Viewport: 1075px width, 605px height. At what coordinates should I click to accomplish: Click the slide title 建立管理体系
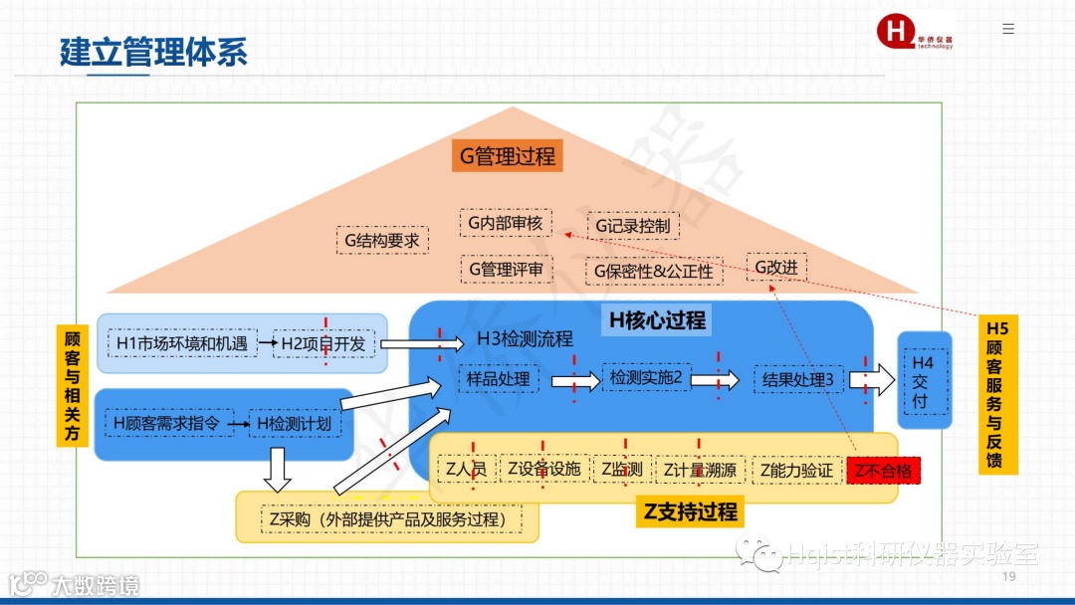pyautogui.click(x=153, y=52)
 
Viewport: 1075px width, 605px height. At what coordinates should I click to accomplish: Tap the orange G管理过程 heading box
pyautogui.click(x=508, y=156)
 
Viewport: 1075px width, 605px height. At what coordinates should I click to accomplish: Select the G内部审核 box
pyautogui.click(x=505, y=223)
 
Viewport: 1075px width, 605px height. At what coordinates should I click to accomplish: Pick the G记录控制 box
pyautogui.click(x=633, y=226)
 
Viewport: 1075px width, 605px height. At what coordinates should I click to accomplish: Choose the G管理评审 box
pyautogui.click(x=505, y=269)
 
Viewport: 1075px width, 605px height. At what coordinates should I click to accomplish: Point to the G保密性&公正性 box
pyautogui.click(x=653, y=271)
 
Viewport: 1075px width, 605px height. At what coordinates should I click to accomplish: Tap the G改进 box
pyautogui.click(x=776, y=267)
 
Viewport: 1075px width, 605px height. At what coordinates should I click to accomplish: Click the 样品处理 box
pyautogui.click(x=499, y=379)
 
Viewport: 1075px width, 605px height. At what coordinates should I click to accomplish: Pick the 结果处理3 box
pyautogui.click(x=798, y=379)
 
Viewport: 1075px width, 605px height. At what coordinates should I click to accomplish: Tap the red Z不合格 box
pyautogui.click(x=882, y=471)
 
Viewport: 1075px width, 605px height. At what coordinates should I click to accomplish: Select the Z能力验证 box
pyautogui.click(x=796, y=470)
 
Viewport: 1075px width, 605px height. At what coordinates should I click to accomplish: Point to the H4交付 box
pyautogui.click(x=922, y=382)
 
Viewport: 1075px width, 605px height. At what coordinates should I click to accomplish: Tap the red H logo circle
pyautogui.click(x=896, y=31)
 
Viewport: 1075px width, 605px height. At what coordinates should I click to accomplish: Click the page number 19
pyautogui.click(x=1008, y=578)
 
